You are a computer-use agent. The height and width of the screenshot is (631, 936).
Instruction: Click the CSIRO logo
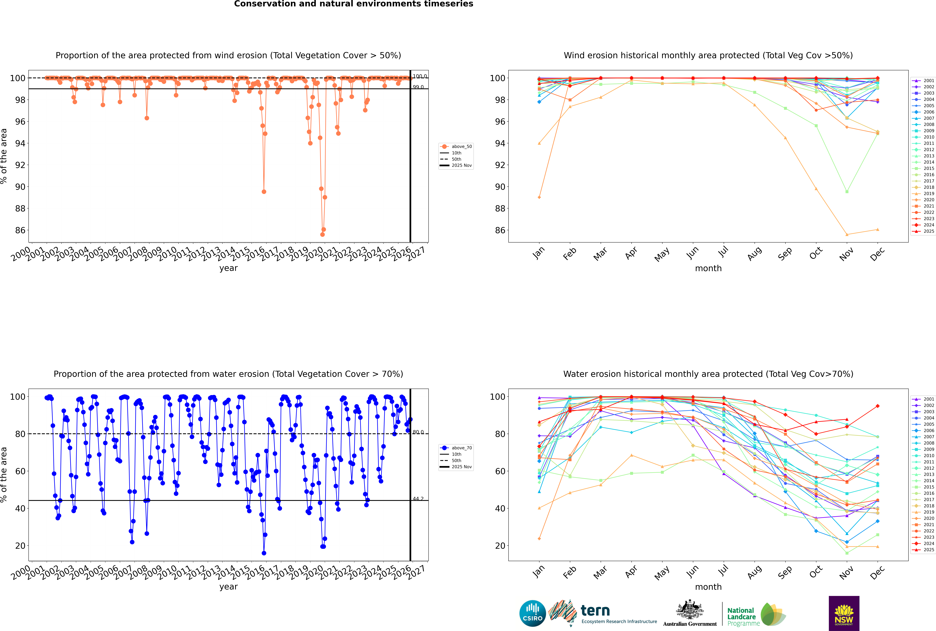[x=532, y=613]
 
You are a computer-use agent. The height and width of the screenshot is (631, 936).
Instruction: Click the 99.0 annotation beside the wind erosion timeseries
[x=418, y=87]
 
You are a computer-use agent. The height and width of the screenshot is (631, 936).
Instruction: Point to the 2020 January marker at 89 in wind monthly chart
[x=539, y=197]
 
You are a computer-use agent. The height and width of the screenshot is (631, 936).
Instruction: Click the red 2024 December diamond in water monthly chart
[x=878, y=406]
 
